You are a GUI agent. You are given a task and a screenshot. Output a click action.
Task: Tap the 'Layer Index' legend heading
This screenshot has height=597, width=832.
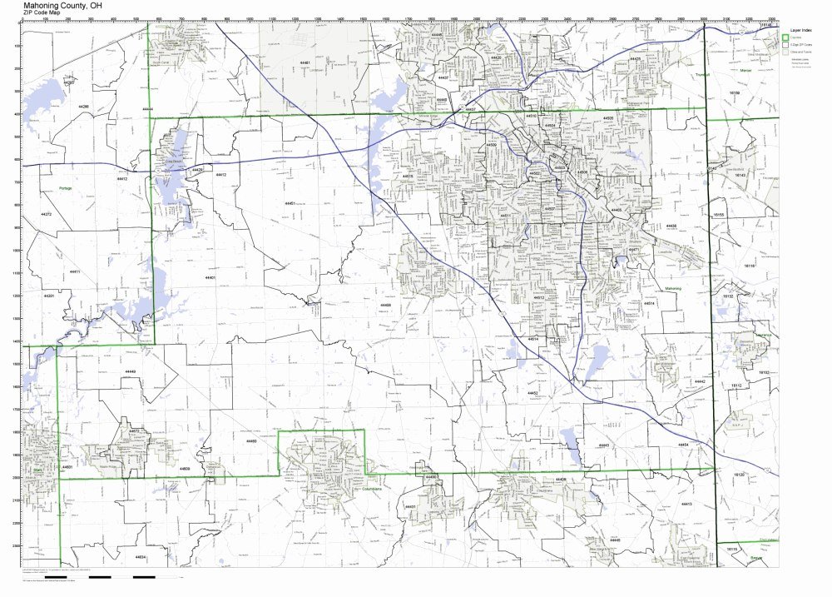click(x=800, y=28)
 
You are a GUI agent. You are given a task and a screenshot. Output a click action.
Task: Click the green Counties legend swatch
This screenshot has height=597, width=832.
click(x=785, y=37)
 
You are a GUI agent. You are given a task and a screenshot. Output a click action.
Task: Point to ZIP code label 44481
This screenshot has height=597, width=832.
click(x=305, y=63)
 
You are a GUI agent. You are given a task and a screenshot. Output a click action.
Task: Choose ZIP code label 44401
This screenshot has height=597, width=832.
click(x=210, y=277)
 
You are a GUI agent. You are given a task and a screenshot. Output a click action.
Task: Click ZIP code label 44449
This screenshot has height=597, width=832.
click(x=131, y=371)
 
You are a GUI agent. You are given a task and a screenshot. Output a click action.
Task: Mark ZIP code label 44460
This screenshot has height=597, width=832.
click(x=251, y=441)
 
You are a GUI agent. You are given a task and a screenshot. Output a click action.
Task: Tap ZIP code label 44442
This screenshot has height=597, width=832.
click(x=699, y=381)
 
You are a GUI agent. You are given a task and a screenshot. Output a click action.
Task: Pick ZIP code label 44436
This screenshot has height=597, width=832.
click(x=671, y=226)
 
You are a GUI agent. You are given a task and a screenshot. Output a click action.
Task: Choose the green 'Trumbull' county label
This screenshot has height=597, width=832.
click(x=698, y=76)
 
